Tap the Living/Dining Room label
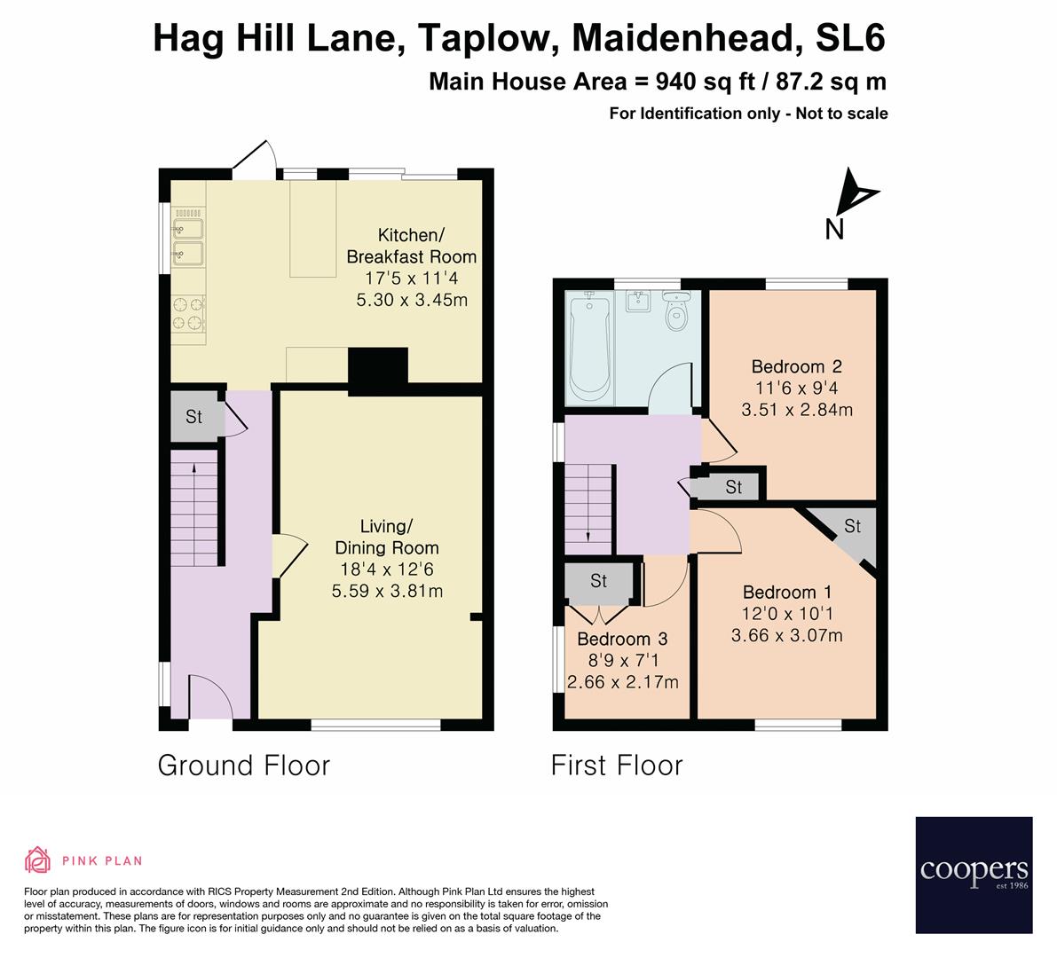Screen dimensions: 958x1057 (x=386, y=537)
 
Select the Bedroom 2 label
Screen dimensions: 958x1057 (x=796, y=366)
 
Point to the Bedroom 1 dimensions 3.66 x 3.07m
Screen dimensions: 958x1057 (x=786, y=635)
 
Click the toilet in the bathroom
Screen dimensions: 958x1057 (x=678, y=313)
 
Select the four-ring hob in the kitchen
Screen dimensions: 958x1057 (x=188, y=313)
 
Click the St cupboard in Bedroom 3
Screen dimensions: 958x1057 (x=599, y=581)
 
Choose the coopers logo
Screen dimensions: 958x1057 (x=974, y=875)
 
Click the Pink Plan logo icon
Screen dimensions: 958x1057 (x=38, y=860)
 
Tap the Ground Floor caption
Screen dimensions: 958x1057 (x=243, y=766)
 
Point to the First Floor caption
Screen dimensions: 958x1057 (x=617, y=766)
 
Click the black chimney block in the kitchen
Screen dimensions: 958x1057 (x=377, y=368)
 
